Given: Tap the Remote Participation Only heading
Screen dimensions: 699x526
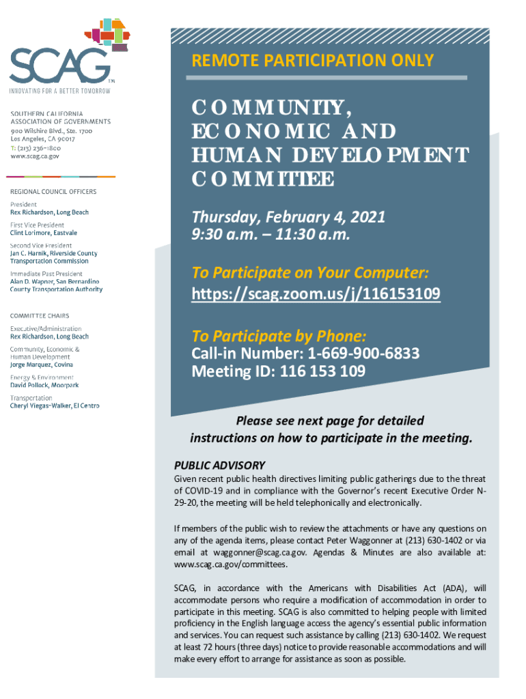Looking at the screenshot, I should [x=313, y=60].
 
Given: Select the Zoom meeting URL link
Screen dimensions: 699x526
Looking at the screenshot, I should [x=316, y=294].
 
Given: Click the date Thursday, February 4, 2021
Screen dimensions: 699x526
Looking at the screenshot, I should [x=288, y=217].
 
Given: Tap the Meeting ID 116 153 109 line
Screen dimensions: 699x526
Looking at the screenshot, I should [x=278, y=371].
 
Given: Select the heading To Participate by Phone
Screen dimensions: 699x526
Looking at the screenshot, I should [x=279, y=336].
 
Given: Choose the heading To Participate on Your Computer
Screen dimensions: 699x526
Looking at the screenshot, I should [x=310, y=273].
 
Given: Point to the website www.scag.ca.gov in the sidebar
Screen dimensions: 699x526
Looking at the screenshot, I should [x=35, y=156].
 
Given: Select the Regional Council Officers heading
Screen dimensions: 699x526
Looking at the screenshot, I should [x=53, y=192].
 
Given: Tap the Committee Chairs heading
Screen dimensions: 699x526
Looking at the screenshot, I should [x=42, y=315].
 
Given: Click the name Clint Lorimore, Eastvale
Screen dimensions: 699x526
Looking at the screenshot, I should [x=44, y=233].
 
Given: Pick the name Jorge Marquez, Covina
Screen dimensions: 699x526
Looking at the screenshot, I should [x=42, y=365].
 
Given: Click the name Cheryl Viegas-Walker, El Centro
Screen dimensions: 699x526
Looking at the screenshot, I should [x=55, y=406].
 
